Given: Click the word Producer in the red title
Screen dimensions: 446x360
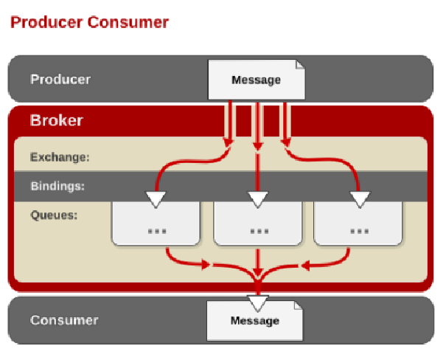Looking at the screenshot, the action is pyautogui.click(x=46, y=22).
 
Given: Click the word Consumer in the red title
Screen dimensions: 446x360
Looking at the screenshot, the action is pyautogui.click(x=128, y=22).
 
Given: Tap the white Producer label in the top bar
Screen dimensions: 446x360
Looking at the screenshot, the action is pyautogui.click(x=60, y=79).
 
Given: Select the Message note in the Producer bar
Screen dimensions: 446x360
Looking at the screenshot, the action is pyautogui.click(x=257, y=80).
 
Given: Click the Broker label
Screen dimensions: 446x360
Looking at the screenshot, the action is pyautogui.click(x=56, y=120).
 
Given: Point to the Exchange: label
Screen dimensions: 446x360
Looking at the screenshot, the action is pyautogui.click(x=60, y=157).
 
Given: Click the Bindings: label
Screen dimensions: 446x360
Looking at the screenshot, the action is pyautogui.click(x=58, y=186).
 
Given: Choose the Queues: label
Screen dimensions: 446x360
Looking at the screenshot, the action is pyautogui.click(x=54, y=215).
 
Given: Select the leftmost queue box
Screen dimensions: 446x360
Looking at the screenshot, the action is pyautogui.click(x=156, y=223).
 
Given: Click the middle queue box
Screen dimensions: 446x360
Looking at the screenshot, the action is pyautogui.click(x=258, y=223).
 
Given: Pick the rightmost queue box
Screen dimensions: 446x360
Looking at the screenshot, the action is pyautogui.click(x=358, y=223).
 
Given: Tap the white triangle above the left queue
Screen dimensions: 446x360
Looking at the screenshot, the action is pyautogui.click(x=156, y=199).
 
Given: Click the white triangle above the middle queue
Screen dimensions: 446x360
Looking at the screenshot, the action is pyautogui.click(x=258, y=199).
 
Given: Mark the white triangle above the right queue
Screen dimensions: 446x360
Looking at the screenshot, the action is pyautogui.click(x=360, y=199).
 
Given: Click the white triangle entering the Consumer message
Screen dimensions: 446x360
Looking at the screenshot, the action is pyautogui.click(x=258, y=303).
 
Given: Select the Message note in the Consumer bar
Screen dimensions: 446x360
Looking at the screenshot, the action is pyautogui.click(x=255, y=321).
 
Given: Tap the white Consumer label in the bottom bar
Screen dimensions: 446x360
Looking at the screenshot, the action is pyautogui.click(x=64, y=320).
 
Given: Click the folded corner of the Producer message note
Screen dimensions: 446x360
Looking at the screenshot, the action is pyautogui.click(x=300, y=64).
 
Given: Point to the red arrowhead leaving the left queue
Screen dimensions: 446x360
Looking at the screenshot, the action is pyautogui.click(x=206, y=265).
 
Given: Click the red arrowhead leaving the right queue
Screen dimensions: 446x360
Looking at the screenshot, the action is pyautogui.click(x=305, y=266).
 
